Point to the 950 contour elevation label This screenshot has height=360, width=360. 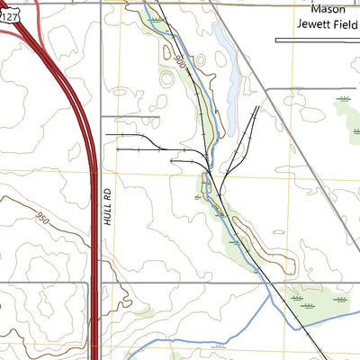[x=41, y=217]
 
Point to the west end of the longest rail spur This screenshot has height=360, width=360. [x=106, y=134]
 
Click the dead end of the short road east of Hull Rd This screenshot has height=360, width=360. [x=158, y=116]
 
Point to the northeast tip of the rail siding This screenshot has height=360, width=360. [x=258, y=106]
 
